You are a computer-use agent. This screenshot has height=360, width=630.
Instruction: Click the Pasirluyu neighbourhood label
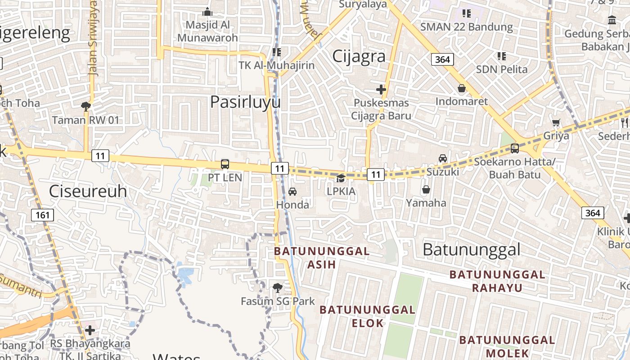245,102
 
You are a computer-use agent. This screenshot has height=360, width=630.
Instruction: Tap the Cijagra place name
359,56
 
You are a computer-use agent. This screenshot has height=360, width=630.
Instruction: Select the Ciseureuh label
88,191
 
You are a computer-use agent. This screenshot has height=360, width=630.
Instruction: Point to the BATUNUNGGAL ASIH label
322,257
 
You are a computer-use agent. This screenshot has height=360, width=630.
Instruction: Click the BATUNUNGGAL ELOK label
367,316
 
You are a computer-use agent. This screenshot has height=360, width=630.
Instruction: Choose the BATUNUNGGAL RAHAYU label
497,281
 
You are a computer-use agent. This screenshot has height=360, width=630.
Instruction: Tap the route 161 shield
42,215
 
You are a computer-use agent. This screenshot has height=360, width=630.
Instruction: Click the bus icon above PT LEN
225,164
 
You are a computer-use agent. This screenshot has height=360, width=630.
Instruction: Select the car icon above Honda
292,192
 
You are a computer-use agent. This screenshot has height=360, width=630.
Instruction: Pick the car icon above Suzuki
443,158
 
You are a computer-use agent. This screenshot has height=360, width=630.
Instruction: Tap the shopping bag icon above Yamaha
426,189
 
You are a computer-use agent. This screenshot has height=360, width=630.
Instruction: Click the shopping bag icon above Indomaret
461,88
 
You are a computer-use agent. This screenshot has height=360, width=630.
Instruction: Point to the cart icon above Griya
556,122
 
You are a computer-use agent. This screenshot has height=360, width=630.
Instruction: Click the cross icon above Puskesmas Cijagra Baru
381,90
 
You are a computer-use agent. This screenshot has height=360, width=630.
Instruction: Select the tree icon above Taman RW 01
85,107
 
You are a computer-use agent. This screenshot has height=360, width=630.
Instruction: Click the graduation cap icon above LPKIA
341,178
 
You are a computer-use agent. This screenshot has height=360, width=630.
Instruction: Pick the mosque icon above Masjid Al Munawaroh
207,12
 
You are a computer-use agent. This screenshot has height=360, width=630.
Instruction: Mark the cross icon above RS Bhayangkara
90,330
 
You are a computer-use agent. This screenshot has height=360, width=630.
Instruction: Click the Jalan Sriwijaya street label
93,38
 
